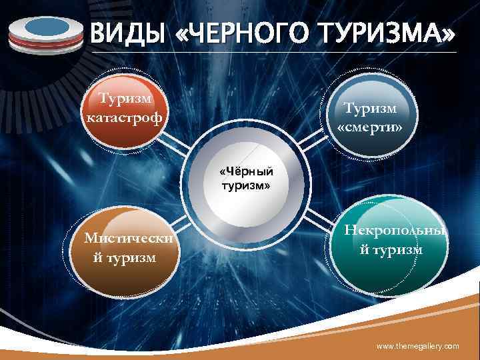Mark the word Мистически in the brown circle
[125, 238]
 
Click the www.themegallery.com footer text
[418, 347]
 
